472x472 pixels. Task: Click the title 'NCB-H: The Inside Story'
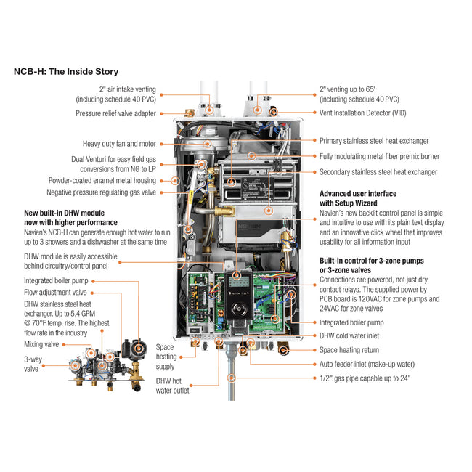[x=66, y=72]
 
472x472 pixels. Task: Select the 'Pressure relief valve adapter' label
[x=115, y=113]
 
